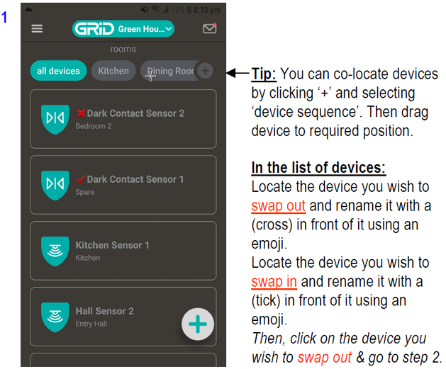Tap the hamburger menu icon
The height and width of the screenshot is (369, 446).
point(37,28)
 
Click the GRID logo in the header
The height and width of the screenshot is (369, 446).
point(94,29)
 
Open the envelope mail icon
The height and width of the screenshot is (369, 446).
point(210,28)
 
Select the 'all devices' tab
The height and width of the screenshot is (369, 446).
point(58,71)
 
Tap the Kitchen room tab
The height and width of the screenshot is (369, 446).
point(113,71)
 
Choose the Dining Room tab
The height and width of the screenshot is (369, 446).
point(169,71)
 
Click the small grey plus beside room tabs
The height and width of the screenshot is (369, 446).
point(205,70)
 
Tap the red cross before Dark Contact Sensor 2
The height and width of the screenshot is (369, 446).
point(81,113)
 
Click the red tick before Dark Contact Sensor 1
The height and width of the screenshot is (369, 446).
point(81,179)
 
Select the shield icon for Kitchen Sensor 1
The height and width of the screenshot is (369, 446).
point(55,251)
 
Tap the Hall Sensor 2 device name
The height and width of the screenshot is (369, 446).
point(105,311)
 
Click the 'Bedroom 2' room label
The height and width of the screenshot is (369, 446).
point(94,126)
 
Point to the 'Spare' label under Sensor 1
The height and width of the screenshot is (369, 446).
point(85,192)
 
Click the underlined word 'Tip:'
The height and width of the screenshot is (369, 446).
point(264,74)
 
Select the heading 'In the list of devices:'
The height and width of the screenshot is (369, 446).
point(318,168)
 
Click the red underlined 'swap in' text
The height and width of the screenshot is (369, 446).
point(274,282)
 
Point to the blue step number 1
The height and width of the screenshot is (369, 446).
point(4,17)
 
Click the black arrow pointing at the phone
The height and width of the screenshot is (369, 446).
point(238,73)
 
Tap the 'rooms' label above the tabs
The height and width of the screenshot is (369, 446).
point(123,49)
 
